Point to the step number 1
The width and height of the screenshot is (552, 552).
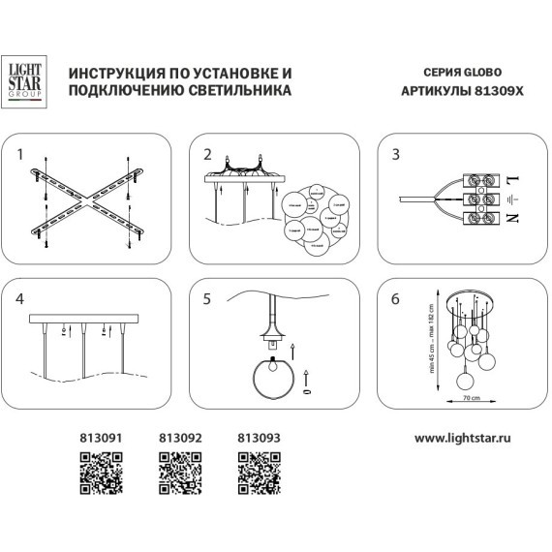point(20,154)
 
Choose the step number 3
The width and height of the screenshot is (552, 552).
point(394,154)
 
